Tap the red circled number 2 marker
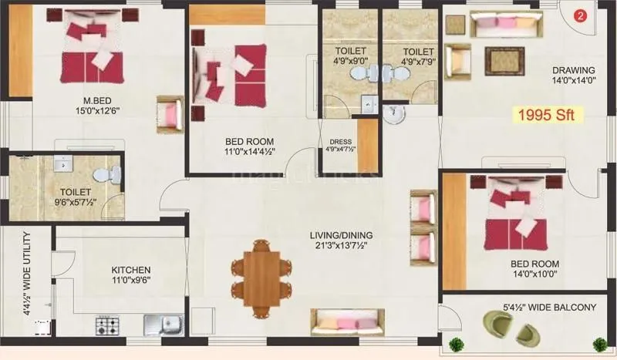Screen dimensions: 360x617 [x=582, y=14]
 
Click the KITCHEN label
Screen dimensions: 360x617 [x=130, y=270]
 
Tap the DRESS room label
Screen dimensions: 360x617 [x=340, y=142]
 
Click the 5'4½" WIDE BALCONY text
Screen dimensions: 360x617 [x=549, y=307]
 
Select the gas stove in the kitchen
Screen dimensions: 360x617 [x=107, y=325]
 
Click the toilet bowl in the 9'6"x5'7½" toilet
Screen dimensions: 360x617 [x=113, y=173]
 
